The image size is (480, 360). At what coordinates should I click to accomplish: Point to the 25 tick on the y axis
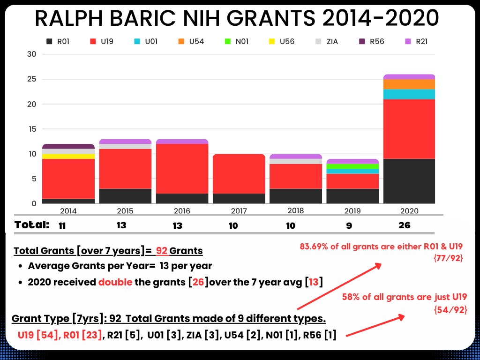click(32, 79)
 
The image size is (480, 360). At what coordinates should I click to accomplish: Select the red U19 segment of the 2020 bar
click(409, 129)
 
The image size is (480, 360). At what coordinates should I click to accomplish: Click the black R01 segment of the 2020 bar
click(409, 181)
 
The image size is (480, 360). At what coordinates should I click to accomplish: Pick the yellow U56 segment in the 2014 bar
click(68, 156)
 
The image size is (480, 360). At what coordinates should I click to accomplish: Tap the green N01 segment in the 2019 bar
click(352, 166)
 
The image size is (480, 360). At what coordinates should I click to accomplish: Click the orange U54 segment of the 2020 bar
click(409, 84)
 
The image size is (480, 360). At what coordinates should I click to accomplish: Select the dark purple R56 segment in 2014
click(68, 146)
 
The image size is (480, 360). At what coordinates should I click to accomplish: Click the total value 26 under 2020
click(404, 225)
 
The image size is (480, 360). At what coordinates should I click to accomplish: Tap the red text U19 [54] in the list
click(36, 335)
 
